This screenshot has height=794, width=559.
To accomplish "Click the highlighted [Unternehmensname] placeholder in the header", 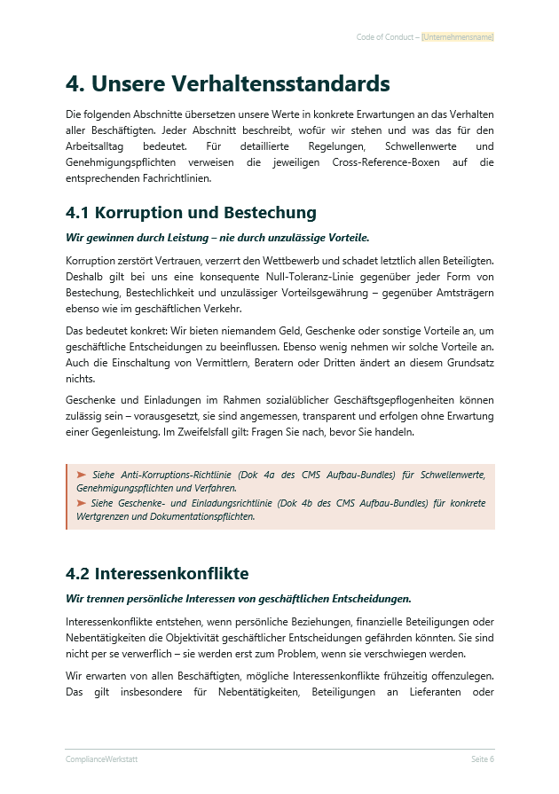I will (x=458, y=37).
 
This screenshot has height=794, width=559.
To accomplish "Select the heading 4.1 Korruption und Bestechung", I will (x=191, y=213).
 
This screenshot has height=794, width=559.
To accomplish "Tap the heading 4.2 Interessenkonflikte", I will (x=157, y=573).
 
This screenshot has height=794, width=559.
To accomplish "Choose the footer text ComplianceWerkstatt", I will (x=101, y=759).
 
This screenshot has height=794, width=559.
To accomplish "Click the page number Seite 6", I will (x=482, y=759).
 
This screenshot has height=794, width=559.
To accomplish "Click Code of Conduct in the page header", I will (x=384, y=37).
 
